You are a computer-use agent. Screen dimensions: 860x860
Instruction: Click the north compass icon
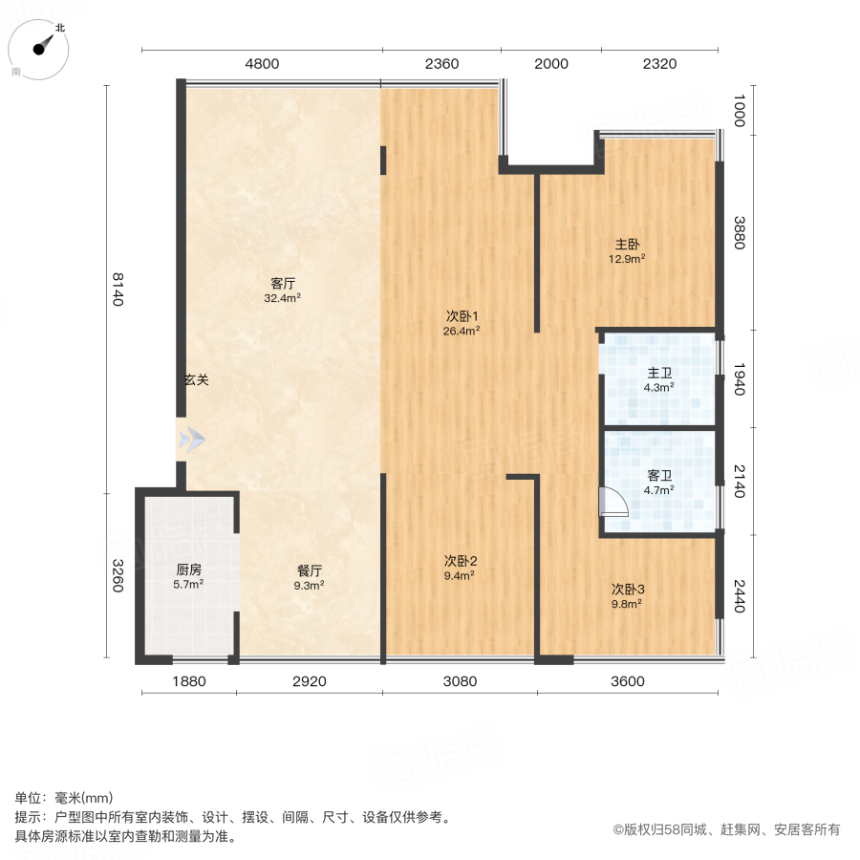click(40, 50)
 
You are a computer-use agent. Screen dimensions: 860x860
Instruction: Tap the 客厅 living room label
click(282, 283)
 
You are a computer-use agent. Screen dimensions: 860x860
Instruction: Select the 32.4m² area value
click(282, 298)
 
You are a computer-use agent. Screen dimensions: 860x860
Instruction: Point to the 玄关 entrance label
click(196, 379)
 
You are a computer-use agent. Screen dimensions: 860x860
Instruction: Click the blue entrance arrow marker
click(192, 440)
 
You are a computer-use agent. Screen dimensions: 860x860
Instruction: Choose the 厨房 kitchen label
click(187, 570)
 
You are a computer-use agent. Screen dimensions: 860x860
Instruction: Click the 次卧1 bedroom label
click(462, 316)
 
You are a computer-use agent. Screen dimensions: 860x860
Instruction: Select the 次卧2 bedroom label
click(460, 561)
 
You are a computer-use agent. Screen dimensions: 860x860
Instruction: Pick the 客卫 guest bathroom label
click(659, 475)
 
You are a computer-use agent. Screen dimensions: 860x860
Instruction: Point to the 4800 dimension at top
click(262, 64)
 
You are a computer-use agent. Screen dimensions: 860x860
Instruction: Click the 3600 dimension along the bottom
click(628, 681)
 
